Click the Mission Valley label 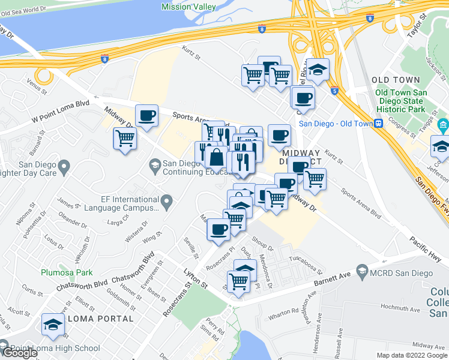pos(188,7)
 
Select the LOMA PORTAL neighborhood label pos(101,318)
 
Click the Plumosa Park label pos(67,272)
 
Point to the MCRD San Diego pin pos(362,274)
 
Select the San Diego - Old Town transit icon pos(378,123)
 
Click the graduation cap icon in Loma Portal pos(53,325)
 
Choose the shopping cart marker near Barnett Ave pos(238,280)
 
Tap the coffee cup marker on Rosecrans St pos(218,229)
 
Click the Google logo pos(19,353)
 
